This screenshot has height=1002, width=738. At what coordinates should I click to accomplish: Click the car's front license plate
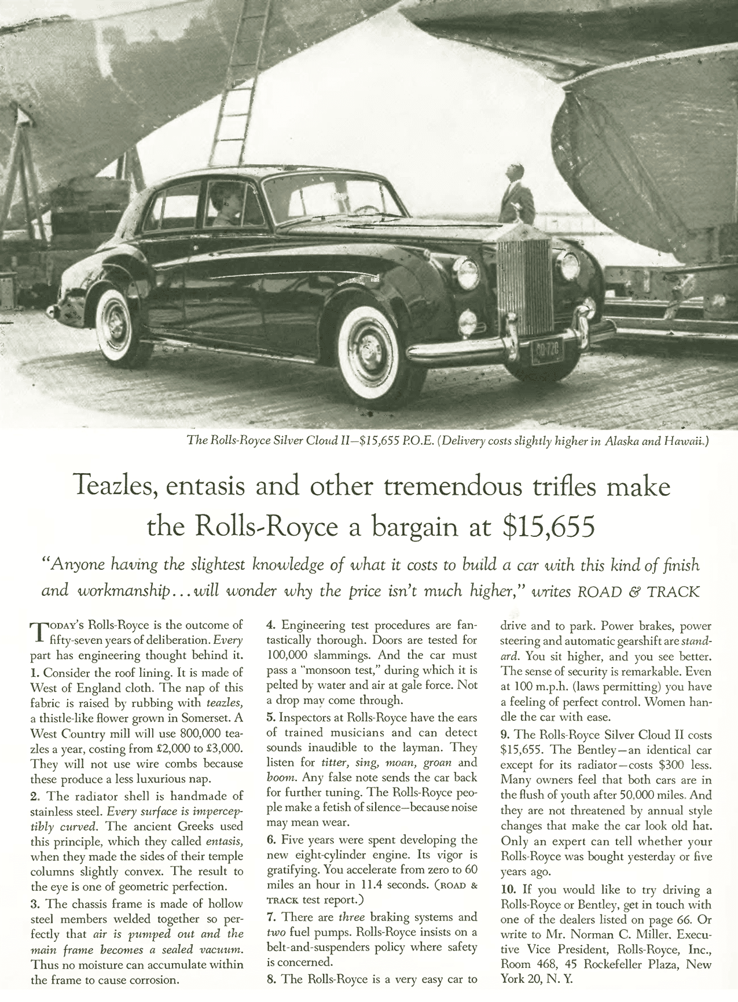546,352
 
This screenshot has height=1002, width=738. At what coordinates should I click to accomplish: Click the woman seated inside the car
225,205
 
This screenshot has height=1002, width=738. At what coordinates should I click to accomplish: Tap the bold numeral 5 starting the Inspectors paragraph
270,717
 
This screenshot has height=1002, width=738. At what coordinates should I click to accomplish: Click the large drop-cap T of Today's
38,633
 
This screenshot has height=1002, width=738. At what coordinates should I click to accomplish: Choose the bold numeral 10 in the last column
508,890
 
